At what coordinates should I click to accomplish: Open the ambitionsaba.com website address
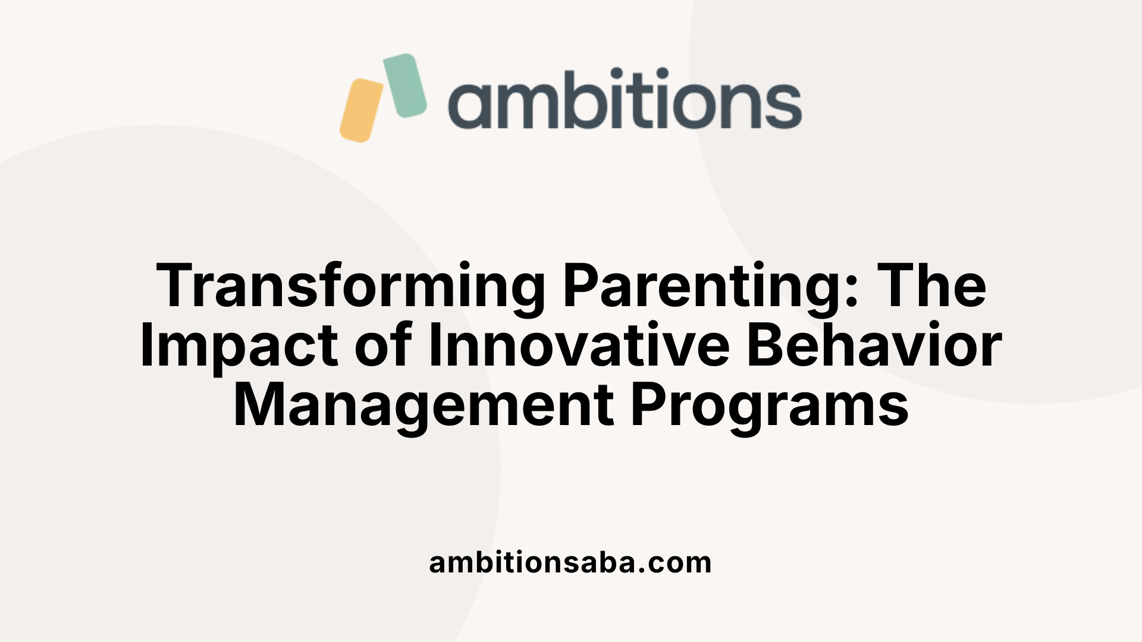(570, 562)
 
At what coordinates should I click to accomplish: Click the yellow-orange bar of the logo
(361, 111)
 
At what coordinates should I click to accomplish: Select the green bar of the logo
(405, 86)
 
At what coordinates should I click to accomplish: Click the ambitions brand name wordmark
(625, 99)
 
